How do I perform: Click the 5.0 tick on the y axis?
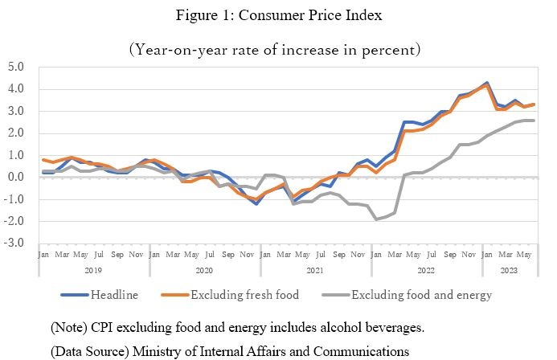(14, 67)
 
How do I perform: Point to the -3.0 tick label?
(14, 243)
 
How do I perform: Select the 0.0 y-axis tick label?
(14, 177)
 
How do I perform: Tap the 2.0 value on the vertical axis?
(14, 133)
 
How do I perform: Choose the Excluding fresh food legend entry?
(244, 295)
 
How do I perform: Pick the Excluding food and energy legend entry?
(420, 295)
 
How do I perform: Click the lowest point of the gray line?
(375, 219)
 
